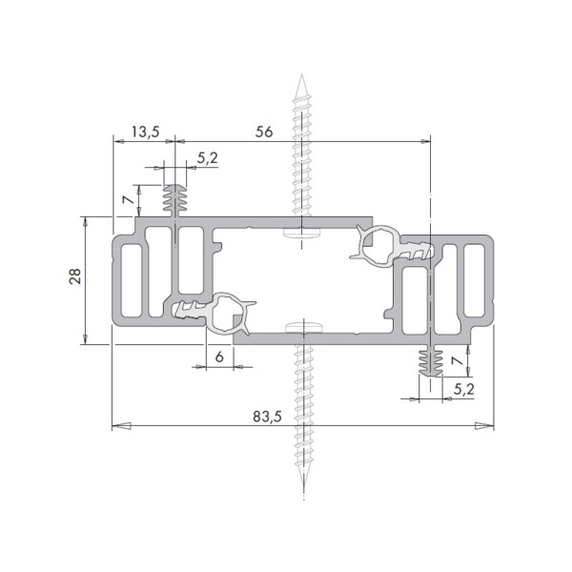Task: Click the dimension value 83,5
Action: point(267,417)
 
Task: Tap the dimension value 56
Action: point(264,132)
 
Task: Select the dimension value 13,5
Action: point(145,132)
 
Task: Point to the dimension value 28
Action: point(75,276)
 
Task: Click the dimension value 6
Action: point(219,357)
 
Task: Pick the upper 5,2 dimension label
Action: point(208,158)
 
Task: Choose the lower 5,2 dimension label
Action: point(464,390)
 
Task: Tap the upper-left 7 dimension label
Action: point(128,199)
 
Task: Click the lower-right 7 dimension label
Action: point(457,360)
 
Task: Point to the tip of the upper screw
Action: point(301,74)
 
